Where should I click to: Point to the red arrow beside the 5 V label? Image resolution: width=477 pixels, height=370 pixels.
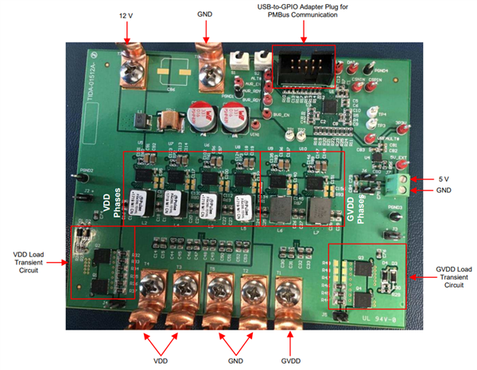pos(423,179)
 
